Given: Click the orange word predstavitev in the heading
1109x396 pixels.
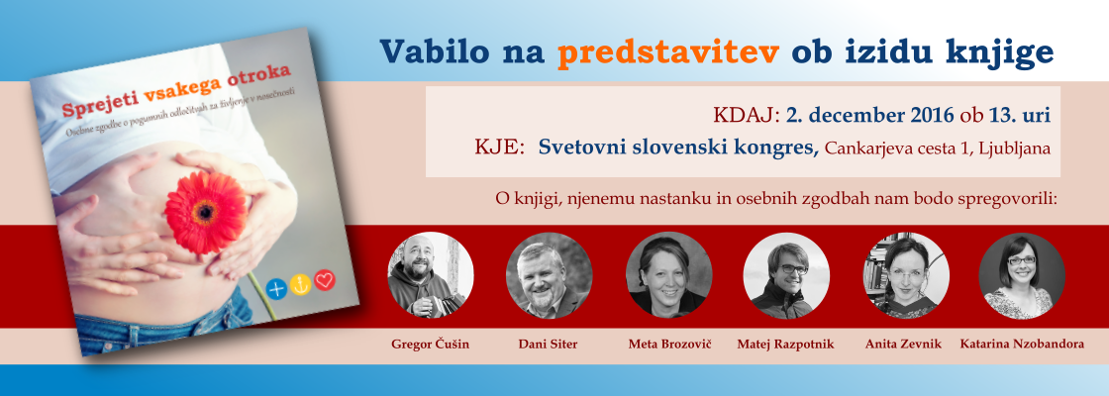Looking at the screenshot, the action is coord(668,51).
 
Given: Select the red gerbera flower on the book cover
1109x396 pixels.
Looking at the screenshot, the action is coord(204,212).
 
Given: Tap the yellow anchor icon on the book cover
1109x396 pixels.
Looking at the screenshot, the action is coord(301,284).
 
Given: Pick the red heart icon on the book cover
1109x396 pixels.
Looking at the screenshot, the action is coord(325,280).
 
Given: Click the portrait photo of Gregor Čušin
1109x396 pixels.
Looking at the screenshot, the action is coord(431,275).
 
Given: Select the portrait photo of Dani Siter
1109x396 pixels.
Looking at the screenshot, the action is coord(549,275).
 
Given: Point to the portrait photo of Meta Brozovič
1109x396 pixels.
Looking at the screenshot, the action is coord(668,275).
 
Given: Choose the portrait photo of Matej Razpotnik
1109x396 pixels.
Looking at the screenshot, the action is coord(786,275).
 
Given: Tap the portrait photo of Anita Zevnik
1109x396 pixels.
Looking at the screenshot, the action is coord(906,275).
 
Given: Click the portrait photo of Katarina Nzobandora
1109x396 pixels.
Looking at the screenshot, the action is coord(1022,275).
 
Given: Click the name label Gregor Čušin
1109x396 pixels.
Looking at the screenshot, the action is coord(430,345).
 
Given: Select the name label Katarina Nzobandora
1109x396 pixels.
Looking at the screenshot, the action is coord(1022,345).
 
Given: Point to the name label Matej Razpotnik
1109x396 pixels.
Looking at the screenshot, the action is coord(785,346).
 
